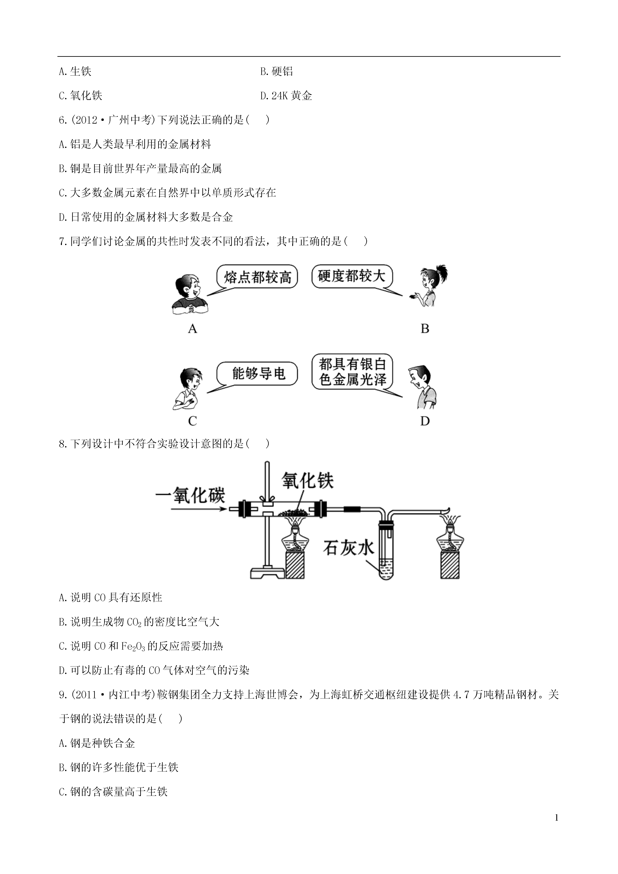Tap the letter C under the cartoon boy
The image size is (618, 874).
(193, 421)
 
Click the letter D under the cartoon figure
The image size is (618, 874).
(425, 421)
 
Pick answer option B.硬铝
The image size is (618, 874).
(277, 71)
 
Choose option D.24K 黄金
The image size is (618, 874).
(286, 96)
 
